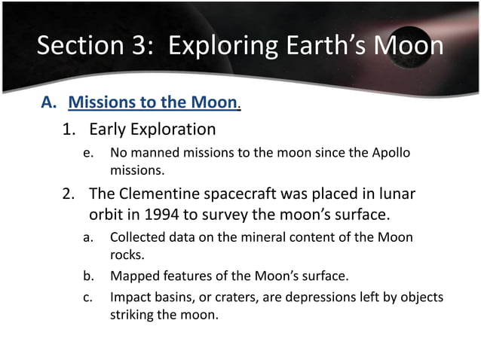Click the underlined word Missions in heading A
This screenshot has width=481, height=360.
tap(102, 102)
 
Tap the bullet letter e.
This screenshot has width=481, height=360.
tap(87, 154)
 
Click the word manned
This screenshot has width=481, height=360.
tap(155, 154)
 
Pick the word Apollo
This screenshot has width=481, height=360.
tap(391, 154)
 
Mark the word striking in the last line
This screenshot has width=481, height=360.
tap(132, 314)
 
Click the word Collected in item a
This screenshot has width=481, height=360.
tap(137, 238)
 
